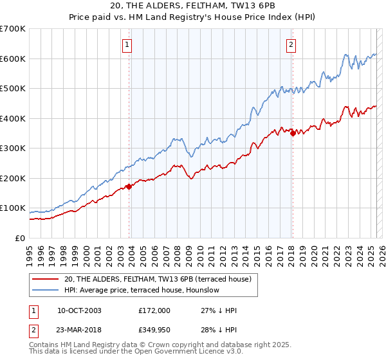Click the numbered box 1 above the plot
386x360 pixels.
(127, 45)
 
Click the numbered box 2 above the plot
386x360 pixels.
(291, 45)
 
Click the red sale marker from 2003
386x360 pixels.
(129, 186)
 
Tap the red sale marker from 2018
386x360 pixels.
(293, 133)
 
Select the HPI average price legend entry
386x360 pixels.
(142, 290)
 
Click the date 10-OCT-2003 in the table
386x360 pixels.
(79, 310)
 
